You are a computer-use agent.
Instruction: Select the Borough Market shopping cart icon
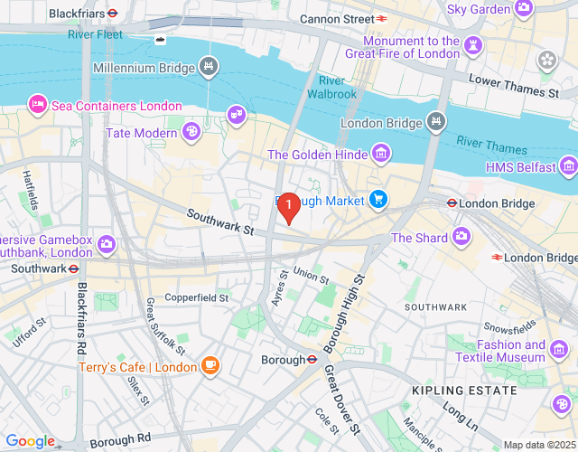(x=378, y=199)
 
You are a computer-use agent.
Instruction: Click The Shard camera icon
(x=461, y=237)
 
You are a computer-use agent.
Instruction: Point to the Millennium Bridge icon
(x=210, y=67)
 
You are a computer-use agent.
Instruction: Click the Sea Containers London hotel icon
(x=38, y=105)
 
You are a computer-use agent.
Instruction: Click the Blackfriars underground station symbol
(x=112, y=14)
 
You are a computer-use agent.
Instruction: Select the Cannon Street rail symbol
(x=383, y=17)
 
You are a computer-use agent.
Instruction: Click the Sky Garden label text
(x=479, y=9)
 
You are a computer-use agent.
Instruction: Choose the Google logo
(x=30, y=440)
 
